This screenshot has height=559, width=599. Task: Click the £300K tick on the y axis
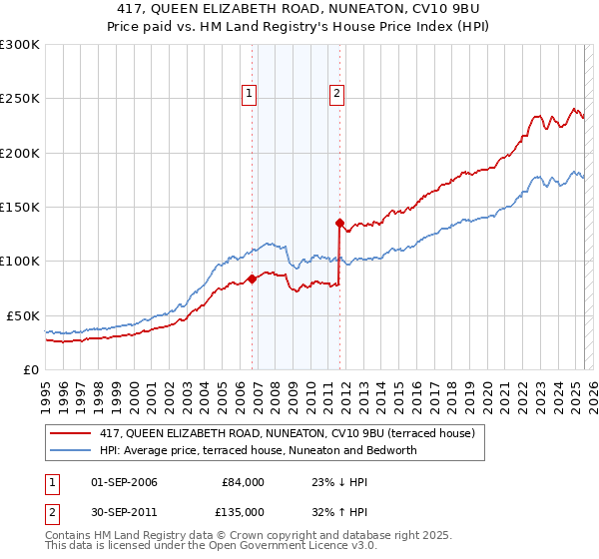(20, 45)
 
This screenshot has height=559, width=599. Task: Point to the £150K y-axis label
(20, 208)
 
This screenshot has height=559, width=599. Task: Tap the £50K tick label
(24, 315)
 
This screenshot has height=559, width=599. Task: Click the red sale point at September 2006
(252, 279)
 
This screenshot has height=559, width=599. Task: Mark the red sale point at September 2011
(339, 224)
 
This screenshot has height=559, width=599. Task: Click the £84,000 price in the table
(243, 482)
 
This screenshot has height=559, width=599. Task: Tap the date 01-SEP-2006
(124, 482)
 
